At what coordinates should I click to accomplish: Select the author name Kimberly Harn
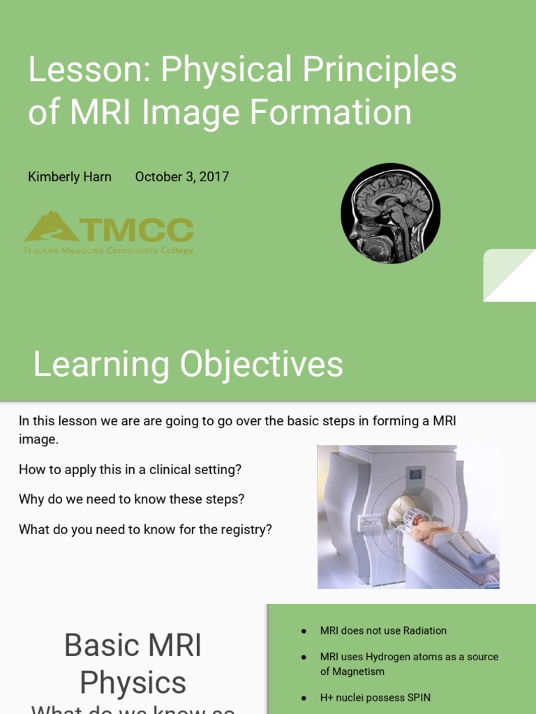(69, 177)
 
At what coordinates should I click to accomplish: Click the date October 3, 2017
(181, 177)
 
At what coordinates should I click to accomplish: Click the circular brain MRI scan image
(390, 213)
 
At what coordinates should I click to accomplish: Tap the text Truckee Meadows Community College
(108, 251)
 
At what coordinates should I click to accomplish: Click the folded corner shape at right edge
(509, 275)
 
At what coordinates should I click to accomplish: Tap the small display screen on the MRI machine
(415, 474)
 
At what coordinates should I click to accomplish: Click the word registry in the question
(245, 529)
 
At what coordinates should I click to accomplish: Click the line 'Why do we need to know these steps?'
(131, 499)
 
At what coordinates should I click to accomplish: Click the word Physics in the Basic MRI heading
(133, 683)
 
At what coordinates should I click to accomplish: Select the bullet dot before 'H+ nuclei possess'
(304, 697)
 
